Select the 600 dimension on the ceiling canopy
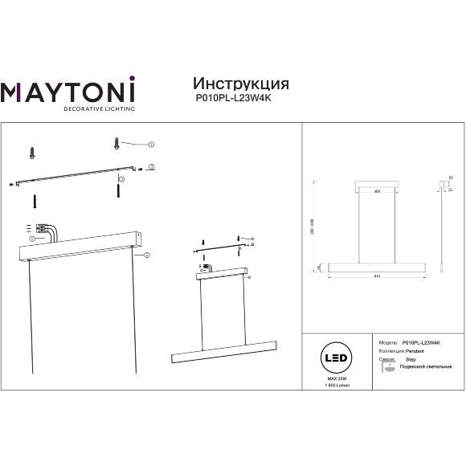(377, 190)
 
